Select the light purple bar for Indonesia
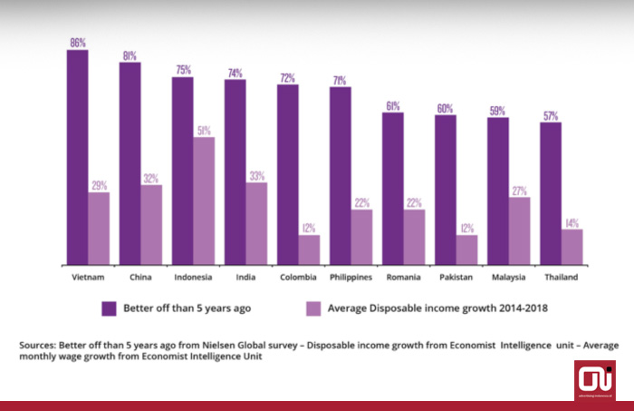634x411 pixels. click(204, 200)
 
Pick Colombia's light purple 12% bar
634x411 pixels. click(309, 249)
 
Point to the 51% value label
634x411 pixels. click(204, 130)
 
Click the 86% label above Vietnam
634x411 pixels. click(77, 43)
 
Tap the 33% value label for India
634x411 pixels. click(256, 175)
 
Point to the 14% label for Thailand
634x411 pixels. click(572, 222)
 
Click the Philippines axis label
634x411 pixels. click(351, 277)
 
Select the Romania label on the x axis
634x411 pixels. click(403, 277)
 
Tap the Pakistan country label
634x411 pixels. click(456, 277)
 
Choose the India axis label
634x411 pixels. click(245, 277)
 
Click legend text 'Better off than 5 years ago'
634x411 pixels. click(188, 308)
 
